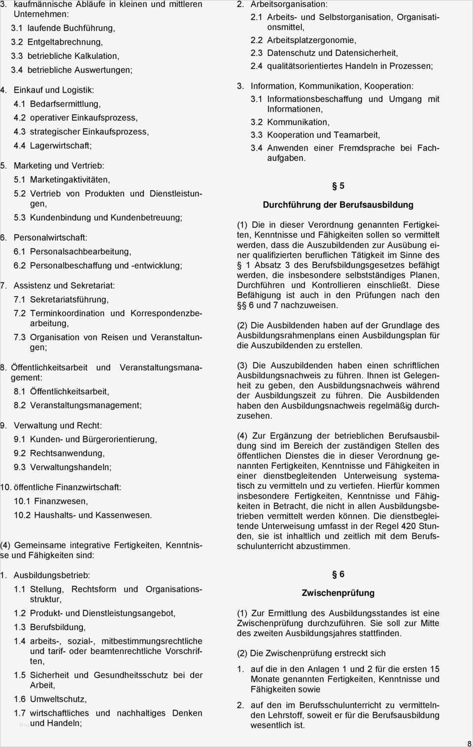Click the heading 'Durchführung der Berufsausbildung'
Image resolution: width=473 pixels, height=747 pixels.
pyautogui.click(x=338, y=205)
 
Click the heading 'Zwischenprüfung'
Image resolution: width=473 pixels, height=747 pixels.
pyautogui.click(x=338, y=593)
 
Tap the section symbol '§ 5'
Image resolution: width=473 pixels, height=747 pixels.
pyautogui.click(x=338, y=186)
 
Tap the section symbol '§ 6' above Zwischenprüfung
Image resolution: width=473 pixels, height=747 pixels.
pyautogui.click(x=338, y=575)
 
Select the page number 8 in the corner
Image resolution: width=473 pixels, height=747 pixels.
pyautogui.click(x=469, y=744)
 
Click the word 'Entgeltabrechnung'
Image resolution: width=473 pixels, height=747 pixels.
pyautogui.click(x=65, y=42)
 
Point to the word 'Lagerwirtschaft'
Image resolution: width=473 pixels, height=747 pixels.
pyautogui.click(x=60, y=146)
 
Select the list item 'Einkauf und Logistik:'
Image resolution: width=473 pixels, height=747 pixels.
pyautogui.click(x=54, y=90)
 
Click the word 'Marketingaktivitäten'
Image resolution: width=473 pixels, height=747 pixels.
pyautogui.click(x=69, y=180)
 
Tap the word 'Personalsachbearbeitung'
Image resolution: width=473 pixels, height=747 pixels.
pyautogui.click(x=80, y=252)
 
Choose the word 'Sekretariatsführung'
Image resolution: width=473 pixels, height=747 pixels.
pyautogui.click(x=69, y=300)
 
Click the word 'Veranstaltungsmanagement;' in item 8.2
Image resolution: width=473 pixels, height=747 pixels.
pyautogui.click(x=86, y=406)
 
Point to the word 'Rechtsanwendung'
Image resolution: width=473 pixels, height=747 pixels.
pyautogui.click(x=67, y=453)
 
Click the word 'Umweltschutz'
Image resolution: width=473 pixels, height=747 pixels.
pyautogui.click(x=58, y=699)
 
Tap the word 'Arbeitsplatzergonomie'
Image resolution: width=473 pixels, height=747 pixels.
pyautogui.click(x=311, y=40)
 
